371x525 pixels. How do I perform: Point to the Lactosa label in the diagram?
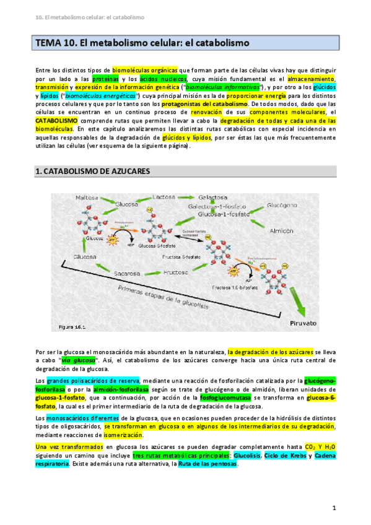coord(167,196)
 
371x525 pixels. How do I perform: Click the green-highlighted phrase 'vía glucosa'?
coord(78,360)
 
